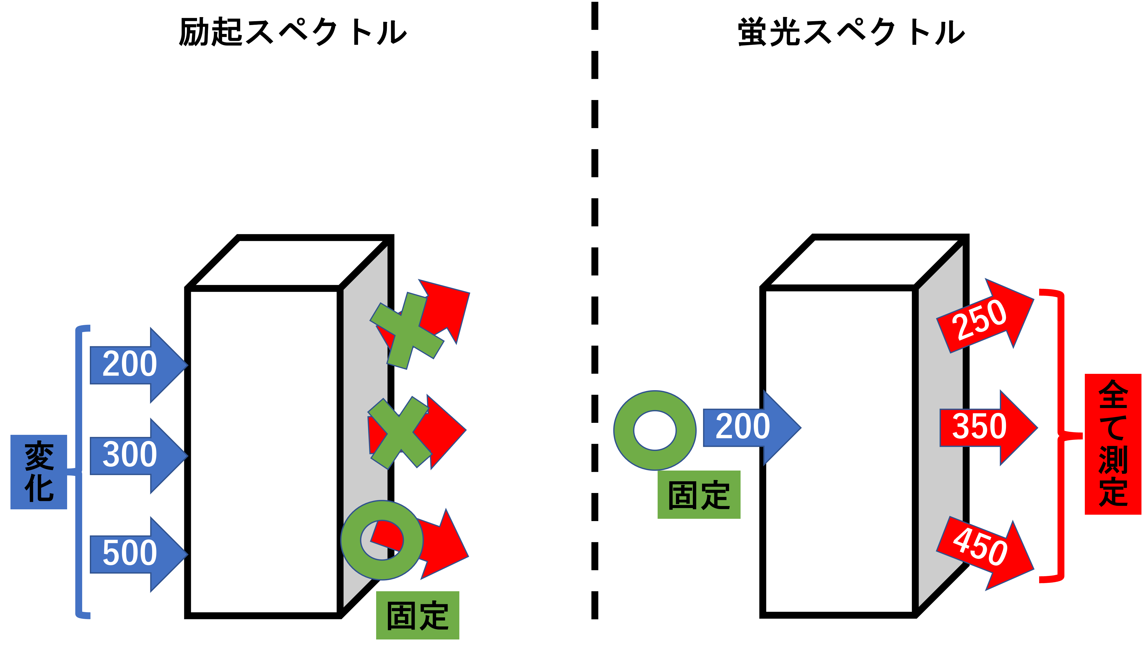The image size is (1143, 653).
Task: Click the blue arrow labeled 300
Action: coord(134,455)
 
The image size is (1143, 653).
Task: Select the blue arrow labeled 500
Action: coord(134,554)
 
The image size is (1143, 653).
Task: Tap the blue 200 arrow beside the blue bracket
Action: coord(134,365)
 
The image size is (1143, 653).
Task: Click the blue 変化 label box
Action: coord(39,472)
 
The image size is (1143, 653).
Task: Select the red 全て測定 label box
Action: coord(1113,444)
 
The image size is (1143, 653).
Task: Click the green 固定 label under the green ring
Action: coord(699,495)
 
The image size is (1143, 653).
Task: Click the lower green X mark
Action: coord(398,433)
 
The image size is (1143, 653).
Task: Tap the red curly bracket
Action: coord(1062,435)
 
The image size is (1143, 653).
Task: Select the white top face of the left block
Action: coord(289,262)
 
